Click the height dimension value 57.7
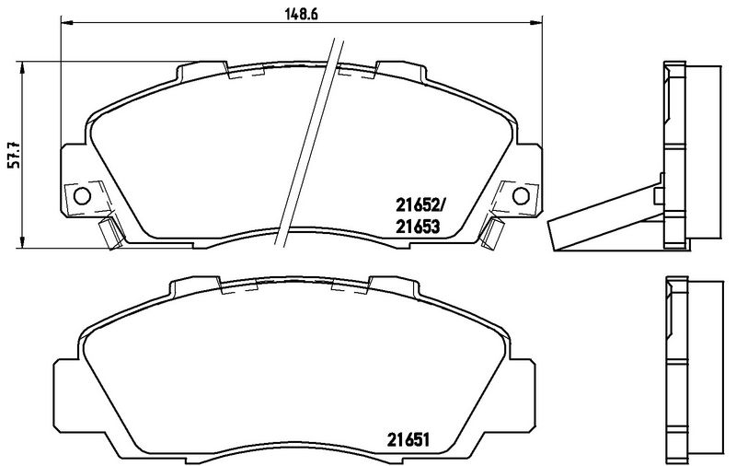point(13,154)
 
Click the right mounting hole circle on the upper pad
point(519,195)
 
